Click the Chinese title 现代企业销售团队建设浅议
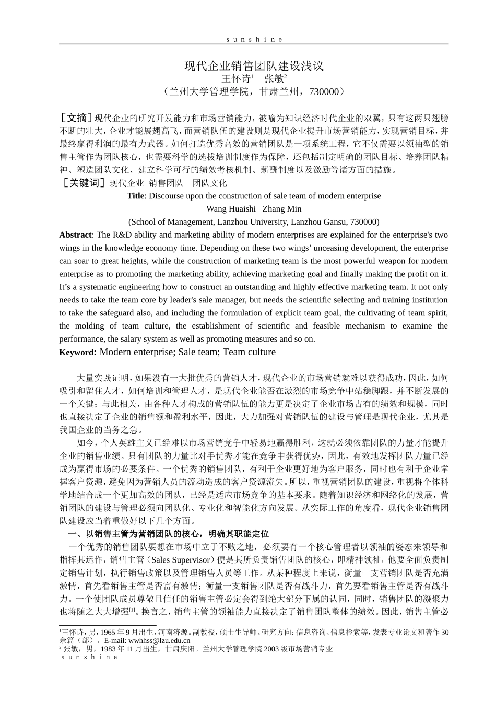click(254, 66)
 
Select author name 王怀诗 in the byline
click(235, 79)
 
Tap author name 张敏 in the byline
click(274, 79)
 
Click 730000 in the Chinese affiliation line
click(324, 92)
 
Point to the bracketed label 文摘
click(77, 117)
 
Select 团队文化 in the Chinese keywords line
click(210, 183)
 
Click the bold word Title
click(135, 196)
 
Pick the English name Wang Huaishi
click(231, 209)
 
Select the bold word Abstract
click(75, 235)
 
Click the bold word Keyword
click(77, 353)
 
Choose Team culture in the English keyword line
click(249, 352)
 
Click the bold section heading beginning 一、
click(169, 534)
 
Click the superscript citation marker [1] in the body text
click(133, 610)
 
